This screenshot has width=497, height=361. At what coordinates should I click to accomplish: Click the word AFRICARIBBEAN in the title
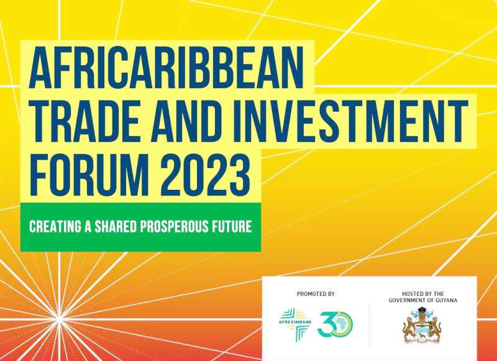pyautogui.click(x=166, y=68)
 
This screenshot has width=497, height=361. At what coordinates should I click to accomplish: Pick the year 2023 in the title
pyautogui.click(x=206, y=175)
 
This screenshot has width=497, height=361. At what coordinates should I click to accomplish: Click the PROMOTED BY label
pyautogui.click(x=316, y=294)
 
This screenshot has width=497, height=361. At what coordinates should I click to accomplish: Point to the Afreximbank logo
pyautogui.click(x=296, y=324)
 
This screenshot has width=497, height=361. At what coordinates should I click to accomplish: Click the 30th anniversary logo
pyautogui.click(x=335, y=324)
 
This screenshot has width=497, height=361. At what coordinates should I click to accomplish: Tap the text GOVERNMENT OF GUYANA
pyautogui.click(x=423, y=300)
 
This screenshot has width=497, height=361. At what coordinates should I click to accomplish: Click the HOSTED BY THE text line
pyautogui.click(x=423, y=294)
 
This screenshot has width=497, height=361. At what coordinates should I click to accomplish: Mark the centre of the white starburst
pyautogui.click(x=59, y=319)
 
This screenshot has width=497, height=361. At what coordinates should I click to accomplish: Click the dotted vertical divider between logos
pyautogui.click(x=370, y=324)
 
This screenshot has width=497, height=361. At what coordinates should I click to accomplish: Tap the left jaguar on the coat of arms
pyautogui.click(x=409, y=328)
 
